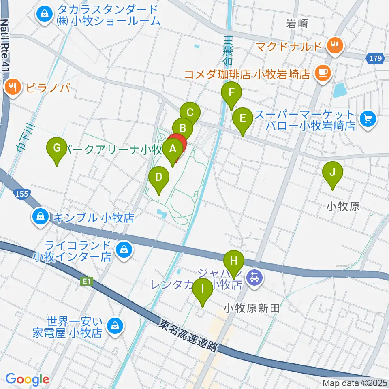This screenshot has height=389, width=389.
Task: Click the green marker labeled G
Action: pyautogui.click(x=57, y=148)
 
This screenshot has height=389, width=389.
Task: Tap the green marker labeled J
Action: pyautogui.click(x=332, y=173)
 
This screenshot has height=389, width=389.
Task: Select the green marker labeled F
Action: pyautogui.click(x=231, y=93)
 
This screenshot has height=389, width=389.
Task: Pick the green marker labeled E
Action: pyautogui.click(x=243, y=119)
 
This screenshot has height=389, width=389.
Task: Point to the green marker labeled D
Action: pyautogui.click(x=158, y=177)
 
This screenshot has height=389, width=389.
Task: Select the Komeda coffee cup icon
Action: pyautogui.click(x=323, y=73)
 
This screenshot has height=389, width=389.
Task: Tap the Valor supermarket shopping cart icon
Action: pyautogui.click(x=368, y=119)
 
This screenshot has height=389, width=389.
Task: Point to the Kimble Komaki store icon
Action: pyautogui.click(x=41, y=217)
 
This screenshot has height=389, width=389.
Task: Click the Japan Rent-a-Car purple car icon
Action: pyautogui.click(x=254, y=278)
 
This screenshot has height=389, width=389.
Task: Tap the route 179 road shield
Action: pyautogui.click(x=375, y=59)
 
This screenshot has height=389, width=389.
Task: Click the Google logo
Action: pyautogui.click(x=27, y=380)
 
